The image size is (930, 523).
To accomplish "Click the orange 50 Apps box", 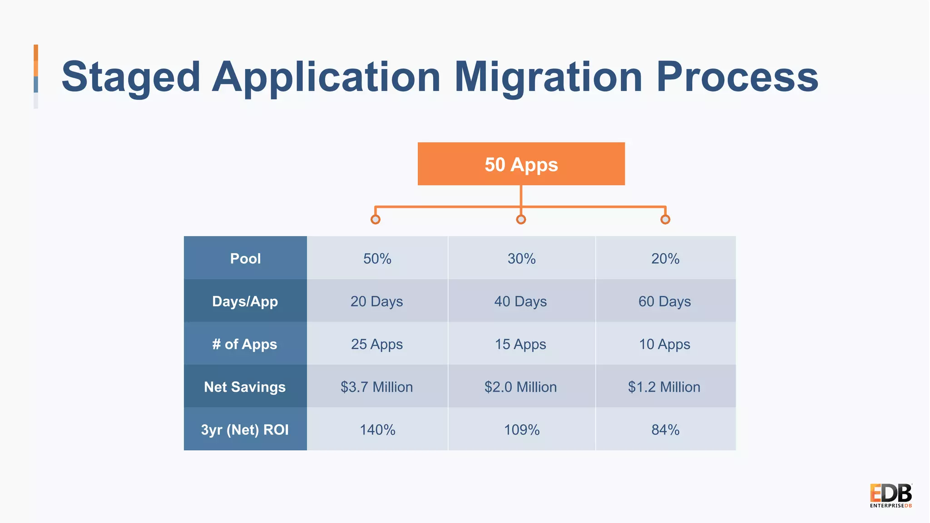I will point(521,164).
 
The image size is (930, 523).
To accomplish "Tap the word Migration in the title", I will point(548,77).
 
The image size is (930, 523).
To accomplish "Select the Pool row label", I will point(245,258).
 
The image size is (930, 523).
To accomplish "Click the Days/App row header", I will point(245,301).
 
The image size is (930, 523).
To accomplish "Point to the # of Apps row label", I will point(245,344).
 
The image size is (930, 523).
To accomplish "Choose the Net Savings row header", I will point(245,387).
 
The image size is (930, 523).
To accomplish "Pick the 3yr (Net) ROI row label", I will point(245,429).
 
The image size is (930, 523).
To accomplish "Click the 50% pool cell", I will point(377,259).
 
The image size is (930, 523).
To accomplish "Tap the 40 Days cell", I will point(520,301).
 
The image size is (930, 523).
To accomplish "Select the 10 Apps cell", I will point(664,344).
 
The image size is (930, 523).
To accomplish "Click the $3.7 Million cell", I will point(377,387).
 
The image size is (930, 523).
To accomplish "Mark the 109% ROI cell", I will point(521,429).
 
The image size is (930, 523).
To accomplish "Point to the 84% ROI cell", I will point(665,429).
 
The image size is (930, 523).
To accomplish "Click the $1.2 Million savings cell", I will point(664,387).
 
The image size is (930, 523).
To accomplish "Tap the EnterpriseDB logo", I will point(890,496).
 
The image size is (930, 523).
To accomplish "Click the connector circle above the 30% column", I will point(521,220).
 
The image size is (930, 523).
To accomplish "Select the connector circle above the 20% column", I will point(665,220).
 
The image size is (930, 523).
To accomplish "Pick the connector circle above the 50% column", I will point(376,220).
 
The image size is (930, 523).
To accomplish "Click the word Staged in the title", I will point(131,77).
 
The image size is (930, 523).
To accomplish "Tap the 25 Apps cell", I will point(377,344).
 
